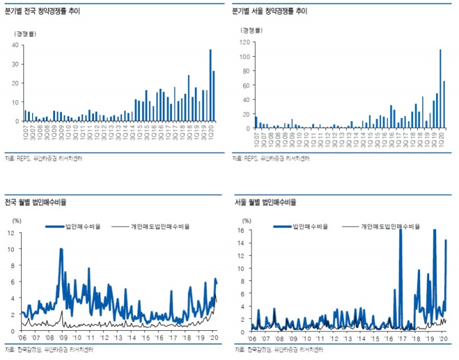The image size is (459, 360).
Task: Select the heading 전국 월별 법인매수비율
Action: [x=36, y=202]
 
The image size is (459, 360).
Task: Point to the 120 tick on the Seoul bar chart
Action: [x=243, y=42]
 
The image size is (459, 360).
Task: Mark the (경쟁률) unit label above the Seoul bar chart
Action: [x=252, y=30]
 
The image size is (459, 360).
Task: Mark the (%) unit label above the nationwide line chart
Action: [x=16, y=220]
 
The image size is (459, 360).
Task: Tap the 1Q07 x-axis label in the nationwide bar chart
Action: [x=25, y=132]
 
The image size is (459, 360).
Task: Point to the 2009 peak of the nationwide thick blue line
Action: [x=61, y=249]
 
